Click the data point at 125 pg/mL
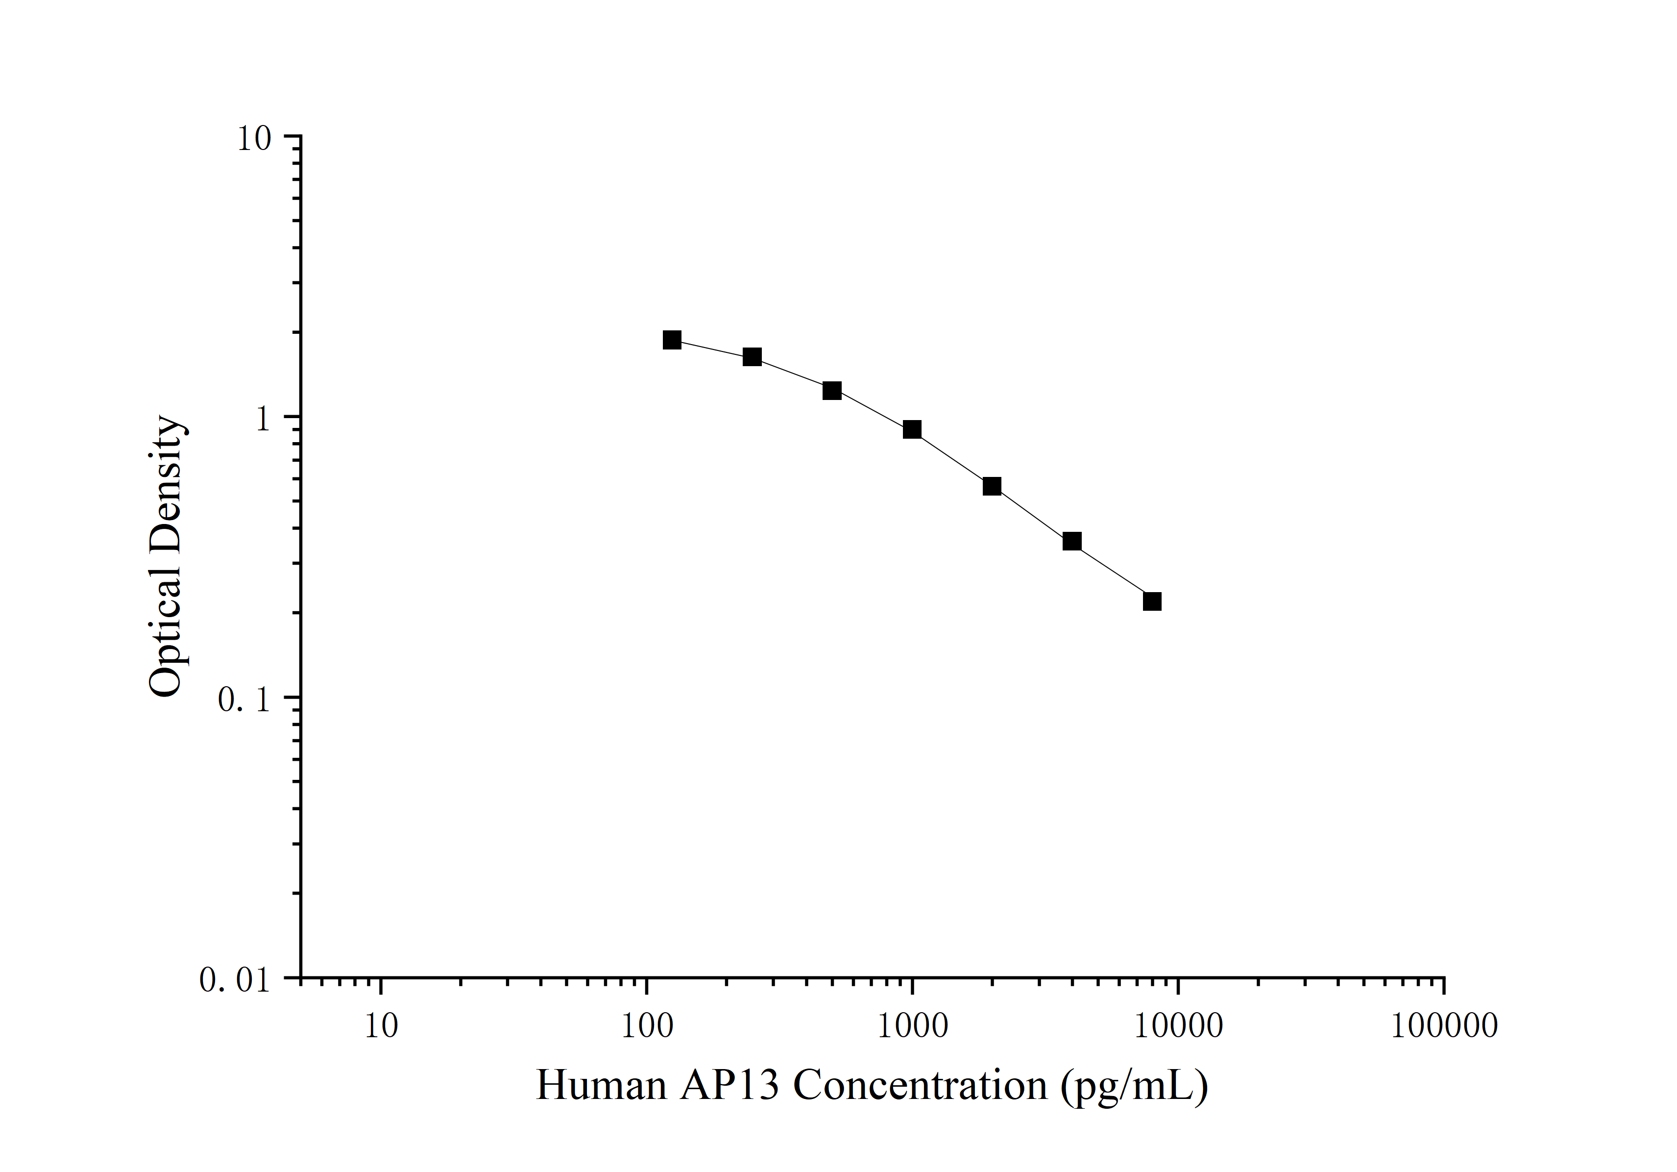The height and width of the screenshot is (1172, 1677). [672, 340]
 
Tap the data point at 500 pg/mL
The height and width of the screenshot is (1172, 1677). [832, 391]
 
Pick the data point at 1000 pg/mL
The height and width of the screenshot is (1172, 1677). [912, 430]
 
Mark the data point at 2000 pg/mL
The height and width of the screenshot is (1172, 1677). [992, 487]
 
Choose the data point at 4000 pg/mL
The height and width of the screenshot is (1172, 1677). [1071, 542]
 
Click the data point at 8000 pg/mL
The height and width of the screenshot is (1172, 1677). [1152, 601]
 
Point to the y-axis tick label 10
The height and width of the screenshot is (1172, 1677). [253, 138]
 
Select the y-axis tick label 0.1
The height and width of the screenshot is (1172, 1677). [244, 700]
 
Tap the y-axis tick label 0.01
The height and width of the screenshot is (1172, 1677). [235, 980]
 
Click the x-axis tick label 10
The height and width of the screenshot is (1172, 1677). [381, 1026]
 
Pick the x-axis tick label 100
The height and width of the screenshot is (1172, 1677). [646, 1026]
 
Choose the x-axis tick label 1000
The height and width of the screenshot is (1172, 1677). [912, 1026]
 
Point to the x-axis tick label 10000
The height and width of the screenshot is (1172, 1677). [1178, 1026]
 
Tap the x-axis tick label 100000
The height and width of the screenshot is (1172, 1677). [1444, 1026]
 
